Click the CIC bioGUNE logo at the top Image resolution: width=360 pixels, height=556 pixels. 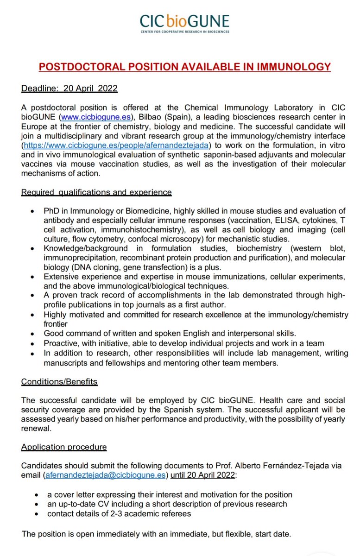point(185,20)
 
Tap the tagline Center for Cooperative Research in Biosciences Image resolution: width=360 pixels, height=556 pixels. point(185,32)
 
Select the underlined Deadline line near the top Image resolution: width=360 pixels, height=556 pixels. point(69,88)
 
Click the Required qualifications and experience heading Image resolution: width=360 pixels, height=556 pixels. point(96,192)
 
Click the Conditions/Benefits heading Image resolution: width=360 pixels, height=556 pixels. point(59,382)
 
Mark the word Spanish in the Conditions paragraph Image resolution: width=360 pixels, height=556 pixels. point(174,410)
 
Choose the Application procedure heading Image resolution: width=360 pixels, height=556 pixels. point(64,447)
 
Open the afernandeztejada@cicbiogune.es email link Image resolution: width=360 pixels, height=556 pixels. point(105,475)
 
